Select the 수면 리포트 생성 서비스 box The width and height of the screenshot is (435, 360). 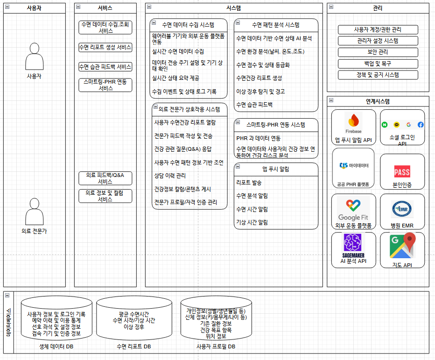105,47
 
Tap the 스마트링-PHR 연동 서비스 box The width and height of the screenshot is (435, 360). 105,85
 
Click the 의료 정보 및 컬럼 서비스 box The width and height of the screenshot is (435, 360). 105,196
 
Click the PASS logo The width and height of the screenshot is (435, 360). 402,171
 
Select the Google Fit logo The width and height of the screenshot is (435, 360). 353,209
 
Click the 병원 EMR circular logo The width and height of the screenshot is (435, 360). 402,209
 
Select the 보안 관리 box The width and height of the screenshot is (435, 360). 378,52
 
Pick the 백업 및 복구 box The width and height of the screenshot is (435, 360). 378,64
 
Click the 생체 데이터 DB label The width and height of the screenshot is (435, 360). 56,346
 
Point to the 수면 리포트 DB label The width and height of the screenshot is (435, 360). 133,346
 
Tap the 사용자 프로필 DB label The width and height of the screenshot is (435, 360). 216,346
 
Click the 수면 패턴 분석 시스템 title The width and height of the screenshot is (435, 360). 275,25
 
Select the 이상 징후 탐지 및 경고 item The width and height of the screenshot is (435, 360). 260,92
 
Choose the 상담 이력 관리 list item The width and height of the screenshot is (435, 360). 170,176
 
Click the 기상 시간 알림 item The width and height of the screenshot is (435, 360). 252,222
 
